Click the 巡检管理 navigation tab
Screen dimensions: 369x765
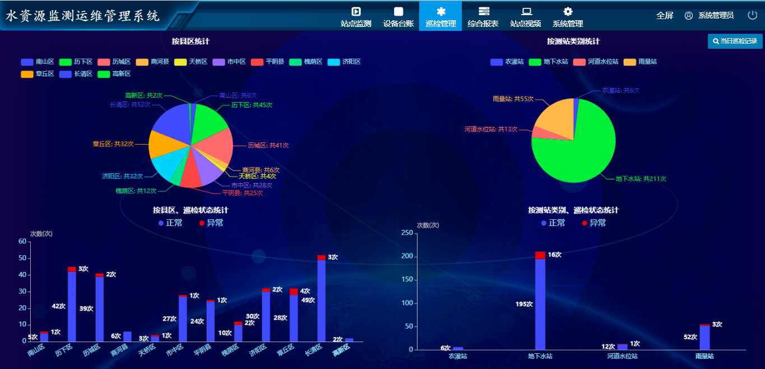(441, 17)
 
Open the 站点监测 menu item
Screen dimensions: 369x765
(356, 17)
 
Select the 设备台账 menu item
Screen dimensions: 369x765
(398, 17)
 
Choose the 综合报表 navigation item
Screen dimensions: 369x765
(483, 17)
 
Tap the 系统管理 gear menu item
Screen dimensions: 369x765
(568, 17)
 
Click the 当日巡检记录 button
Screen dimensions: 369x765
(735, 41)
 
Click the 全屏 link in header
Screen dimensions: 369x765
(665, 16)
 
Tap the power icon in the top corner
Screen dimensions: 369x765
(752, 15)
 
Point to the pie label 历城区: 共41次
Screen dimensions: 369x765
(268, 145)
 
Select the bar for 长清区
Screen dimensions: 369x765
(321, 300)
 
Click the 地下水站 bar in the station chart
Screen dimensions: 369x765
(540, 303)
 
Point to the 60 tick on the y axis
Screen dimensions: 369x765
(22, 242)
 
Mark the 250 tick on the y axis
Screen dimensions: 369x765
(407, 233)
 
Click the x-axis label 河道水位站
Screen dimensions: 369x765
(622, 356)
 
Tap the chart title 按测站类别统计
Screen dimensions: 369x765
(573, 41)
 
